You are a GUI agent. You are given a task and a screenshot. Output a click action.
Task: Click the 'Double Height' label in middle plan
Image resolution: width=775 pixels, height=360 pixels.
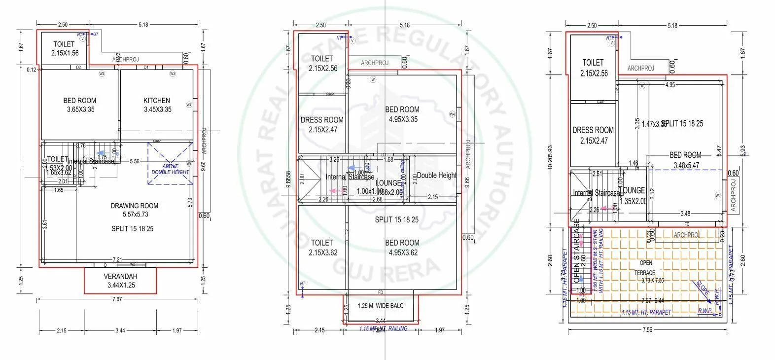point(437,176)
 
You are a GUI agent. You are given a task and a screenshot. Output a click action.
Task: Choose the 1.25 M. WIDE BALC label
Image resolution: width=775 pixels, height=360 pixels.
point(381,306)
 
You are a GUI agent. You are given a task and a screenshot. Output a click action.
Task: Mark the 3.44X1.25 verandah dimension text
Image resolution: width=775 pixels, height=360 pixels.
point(120,285)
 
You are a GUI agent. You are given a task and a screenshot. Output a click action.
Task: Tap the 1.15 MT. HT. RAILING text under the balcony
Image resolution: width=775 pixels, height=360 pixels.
point(383,328)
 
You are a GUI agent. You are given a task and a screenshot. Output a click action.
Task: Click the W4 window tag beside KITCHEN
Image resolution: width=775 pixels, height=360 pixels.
point(189,105)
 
